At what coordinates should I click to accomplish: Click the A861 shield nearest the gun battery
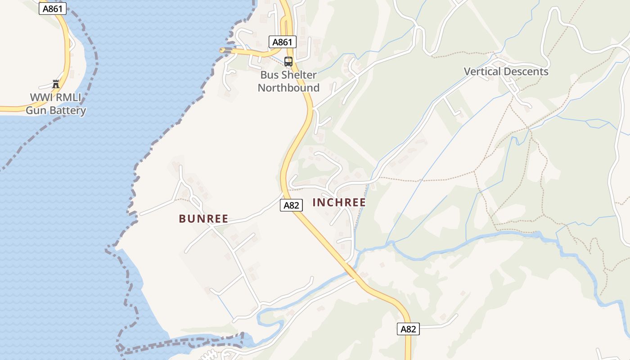coord(53,9)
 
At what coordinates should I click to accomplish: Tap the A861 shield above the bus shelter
coord(283,42)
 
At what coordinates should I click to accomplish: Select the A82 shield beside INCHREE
coord(291,205)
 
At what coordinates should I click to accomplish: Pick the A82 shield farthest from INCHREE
coord(408,329)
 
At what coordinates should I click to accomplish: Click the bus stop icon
coord(288,62)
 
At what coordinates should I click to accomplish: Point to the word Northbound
coord(288,88)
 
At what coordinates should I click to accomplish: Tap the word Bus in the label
coord(269,75)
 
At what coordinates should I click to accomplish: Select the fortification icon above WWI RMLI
coord(56,84)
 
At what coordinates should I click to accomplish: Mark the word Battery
coord(67,110)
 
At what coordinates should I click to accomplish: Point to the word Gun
coord(36,110)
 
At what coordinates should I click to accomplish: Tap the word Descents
coord(526,72)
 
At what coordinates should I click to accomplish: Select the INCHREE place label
coord(339,202)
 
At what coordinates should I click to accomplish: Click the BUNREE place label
coord(203,219)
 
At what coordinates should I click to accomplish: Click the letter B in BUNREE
coord(182,219)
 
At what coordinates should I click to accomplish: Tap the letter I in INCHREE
coord(315,202)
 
